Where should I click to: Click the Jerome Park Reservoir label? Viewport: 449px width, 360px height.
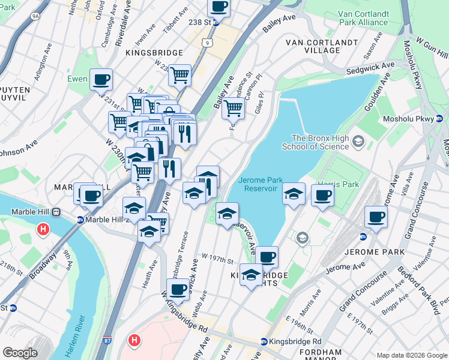[259, 184]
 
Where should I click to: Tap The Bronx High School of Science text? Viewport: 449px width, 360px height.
[320, 142]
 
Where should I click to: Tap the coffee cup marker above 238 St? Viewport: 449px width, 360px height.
[218, 7]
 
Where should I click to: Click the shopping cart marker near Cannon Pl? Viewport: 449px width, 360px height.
[233, 109]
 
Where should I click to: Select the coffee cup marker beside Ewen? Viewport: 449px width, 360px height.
[101, 79]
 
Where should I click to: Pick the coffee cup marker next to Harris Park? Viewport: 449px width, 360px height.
[322, 196]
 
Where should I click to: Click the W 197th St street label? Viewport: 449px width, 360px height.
[217, 259]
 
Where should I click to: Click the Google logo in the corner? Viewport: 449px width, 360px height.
[20, 353]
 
